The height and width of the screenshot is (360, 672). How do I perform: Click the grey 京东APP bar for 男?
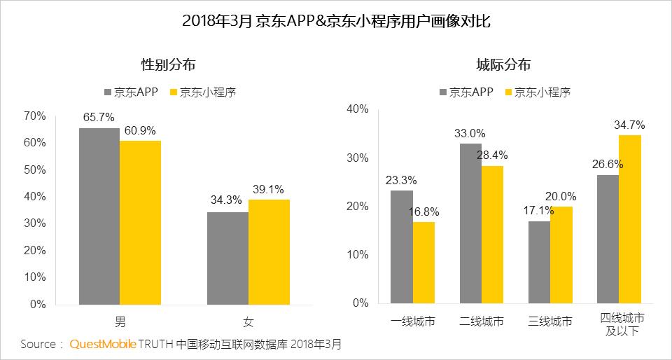point(99,216)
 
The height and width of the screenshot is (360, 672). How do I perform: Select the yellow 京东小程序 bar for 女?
point(269,252)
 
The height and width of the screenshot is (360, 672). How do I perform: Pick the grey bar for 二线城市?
point(470,223)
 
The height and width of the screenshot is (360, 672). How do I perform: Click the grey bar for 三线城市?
point(538,263)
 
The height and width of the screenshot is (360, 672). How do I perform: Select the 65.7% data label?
point(99,117)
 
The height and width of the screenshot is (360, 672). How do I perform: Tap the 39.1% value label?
point(269,189)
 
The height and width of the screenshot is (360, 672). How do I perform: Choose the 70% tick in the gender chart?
point(35,116)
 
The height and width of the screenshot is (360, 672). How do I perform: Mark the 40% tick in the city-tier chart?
point(358,109)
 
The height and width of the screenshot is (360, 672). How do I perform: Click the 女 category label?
point(248,322)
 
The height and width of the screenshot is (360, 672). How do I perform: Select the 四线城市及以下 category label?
point(619,324)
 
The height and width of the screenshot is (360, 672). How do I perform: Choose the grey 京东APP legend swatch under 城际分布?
point(444,92)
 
